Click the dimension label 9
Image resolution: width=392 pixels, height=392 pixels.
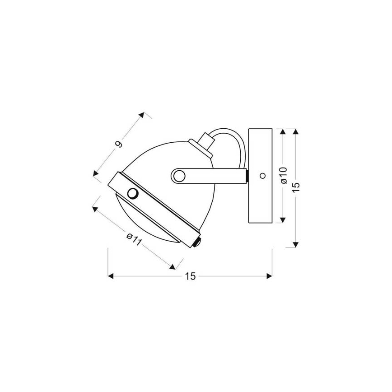coord(119,144)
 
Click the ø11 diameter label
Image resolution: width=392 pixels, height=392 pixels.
coord(134,239)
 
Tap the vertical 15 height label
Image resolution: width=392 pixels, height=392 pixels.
coord(296,187)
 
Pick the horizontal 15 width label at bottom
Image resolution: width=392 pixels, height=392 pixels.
coord(190,276)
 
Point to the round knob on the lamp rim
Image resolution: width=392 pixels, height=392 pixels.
coord(133,193)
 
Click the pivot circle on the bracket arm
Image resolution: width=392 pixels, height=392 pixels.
coord(178,175)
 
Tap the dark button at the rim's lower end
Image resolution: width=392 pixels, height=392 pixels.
coord(197,243)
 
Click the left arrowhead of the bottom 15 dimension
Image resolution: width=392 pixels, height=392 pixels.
coord(110,275)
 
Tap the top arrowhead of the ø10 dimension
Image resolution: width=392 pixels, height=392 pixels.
coord(283,131)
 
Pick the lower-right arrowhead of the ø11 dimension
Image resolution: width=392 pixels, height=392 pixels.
coord(173,266)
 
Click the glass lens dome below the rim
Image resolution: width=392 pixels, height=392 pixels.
coord(149,226)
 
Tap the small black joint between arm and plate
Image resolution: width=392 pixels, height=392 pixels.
coord(247,175)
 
